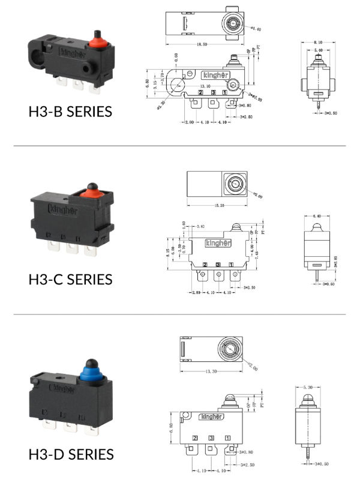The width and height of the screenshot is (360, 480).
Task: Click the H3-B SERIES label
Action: click(x=70, y=112)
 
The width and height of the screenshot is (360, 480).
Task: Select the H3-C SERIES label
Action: click(x=70, y=279)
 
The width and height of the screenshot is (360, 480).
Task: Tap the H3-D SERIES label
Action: click(x=70, y=454)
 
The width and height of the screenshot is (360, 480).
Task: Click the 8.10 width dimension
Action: click(x=319, y=43)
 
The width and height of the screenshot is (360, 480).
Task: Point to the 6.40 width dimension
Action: click(x=318, y=217)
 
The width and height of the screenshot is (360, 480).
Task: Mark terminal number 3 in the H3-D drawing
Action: click(x=211, y=439)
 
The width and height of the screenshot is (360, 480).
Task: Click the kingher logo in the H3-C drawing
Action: click(x=217, y=243)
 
